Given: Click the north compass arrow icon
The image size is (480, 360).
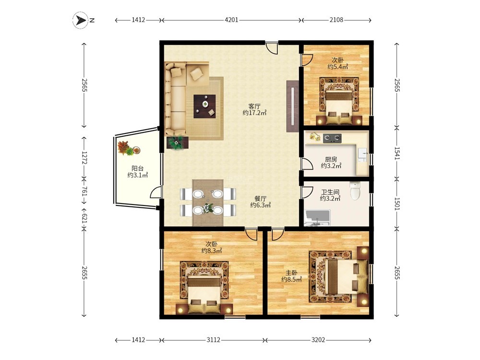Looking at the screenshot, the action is tap(80, 20).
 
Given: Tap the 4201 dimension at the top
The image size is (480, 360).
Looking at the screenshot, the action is tap(231, 20).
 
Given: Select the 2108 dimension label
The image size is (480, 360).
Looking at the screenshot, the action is tap(336, 20).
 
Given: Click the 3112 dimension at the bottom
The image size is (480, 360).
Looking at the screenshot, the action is tap(213, 340).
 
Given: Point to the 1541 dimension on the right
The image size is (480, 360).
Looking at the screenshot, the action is tap(397, 154).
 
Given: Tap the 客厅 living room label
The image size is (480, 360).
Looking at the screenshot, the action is tap(254, 107).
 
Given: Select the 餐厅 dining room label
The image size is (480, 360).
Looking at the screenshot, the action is tap(260, 199).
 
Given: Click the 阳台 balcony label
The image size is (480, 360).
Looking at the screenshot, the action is tap(137, 168).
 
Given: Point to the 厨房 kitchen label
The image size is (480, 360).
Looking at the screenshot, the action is tap(331, 159).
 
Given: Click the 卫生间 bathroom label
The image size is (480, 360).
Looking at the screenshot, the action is tap(330, 192).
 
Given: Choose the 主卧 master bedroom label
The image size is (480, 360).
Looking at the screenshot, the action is tap(291, 273).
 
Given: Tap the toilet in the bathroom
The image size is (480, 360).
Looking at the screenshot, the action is tap(355, 191).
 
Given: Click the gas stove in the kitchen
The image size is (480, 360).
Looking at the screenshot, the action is tap(333, 138).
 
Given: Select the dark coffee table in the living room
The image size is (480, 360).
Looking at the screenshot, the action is tap(204, 106).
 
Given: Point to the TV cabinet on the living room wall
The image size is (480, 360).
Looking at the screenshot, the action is tap(292, 106).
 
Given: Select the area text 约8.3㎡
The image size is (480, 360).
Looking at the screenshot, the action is tap(212, 251).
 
